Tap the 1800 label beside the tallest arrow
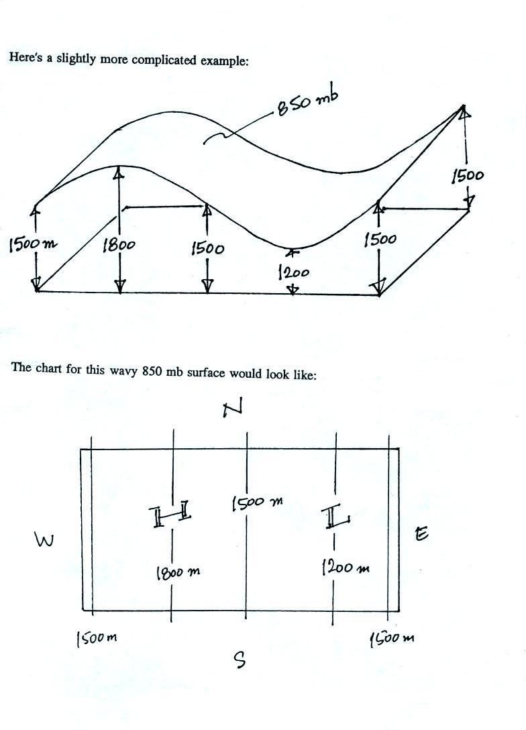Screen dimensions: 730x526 [x=119, y=246]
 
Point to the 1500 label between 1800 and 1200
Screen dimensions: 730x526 [x=207, y=248]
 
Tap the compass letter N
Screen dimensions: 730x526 [x=233, y=407]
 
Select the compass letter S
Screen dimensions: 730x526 [x=240, y=661]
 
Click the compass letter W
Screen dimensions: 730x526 [x=44, y=540]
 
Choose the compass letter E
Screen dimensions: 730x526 [x=421, y=534]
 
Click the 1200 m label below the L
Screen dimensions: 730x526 [x=345, y=568]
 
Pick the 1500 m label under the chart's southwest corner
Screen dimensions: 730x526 [x=97, y=638]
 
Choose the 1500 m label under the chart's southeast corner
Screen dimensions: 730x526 [x=392, y=638]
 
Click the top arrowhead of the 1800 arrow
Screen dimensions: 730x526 [x=119, y=172]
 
